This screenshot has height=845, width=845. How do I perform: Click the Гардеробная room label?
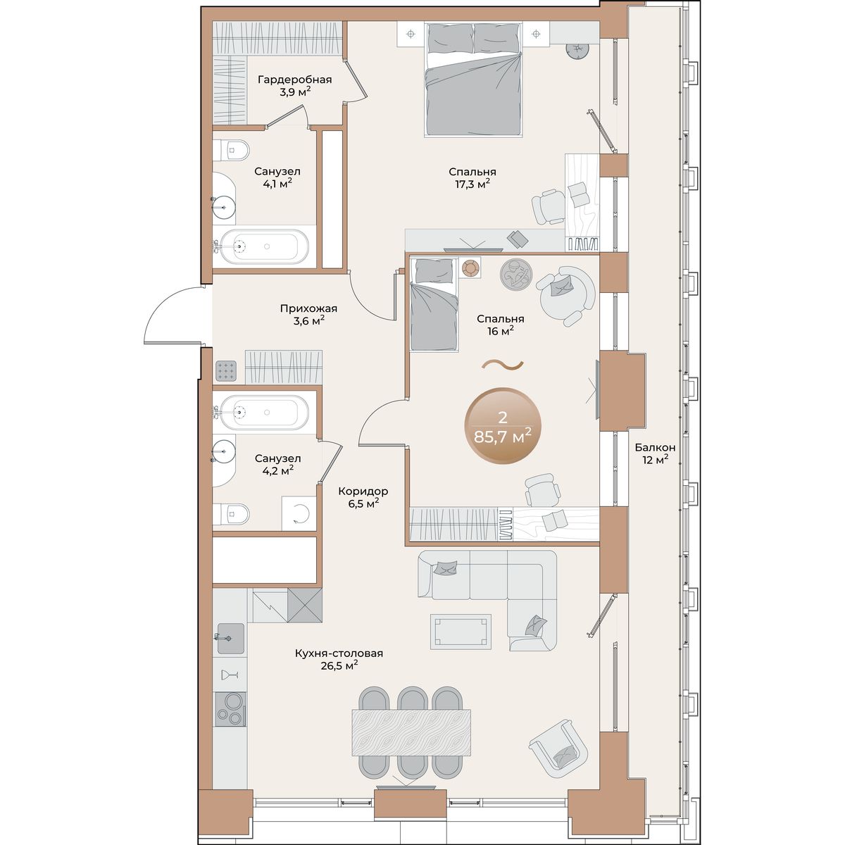[x=294, y=80]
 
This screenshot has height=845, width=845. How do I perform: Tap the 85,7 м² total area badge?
[x=503, y=426]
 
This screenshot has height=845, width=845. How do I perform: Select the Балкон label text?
[x=655, y=448]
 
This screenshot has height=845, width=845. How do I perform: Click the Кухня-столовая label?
[x=339, y=653]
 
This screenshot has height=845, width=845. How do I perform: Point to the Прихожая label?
[x=308, y=308]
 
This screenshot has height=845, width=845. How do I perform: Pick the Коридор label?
[x=363, y=491]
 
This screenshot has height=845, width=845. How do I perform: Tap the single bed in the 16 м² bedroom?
[x=434, y=305]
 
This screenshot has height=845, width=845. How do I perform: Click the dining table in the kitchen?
[x=411, y=738]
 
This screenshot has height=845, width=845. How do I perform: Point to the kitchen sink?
[x=230, y=639]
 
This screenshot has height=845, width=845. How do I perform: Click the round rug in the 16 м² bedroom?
[x=516, y=274]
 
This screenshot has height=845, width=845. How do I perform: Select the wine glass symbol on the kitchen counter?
[x=230, y=675]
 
